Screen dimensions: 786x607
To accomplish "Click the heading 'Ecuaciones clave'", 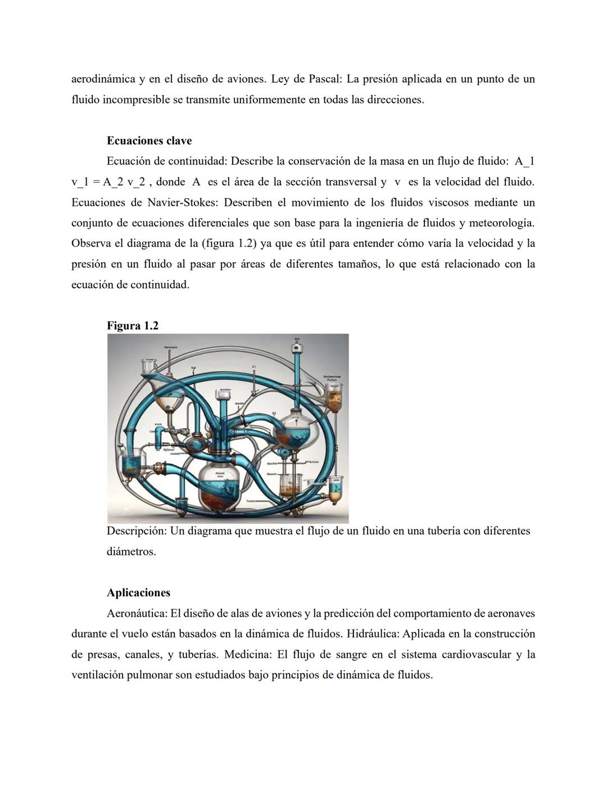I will click(x=149, y=141).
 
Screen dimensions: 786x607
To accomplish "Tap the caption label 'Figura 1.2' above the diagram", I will click(x=133, y=326).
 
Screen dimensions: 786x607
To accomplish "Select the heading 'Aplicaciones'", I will click(x=138, y=592).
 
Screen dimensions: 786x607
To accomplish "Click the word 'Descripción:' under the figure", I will click(x=137, y=531).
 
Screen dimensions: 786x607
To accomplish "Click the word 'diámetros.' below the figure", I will click(x=131, y=551).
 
